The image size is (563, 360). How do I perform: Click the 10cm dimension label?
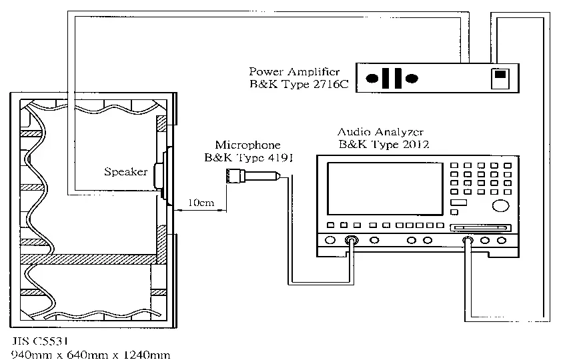pos(201,203)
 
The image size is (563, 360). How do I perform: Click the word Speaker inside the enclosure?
pos(125,171)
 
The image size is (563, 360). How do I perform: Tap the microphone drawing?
pos(253,176)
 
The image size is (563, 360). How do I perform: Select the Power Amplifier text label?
pos(294,72)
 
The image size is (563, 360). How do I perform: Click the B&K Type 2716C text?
pos(299,85)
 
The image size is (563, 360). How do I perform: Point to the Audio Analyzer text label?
pos(380,132)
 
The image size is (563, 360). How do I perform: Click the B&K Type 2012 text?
pos(384,144)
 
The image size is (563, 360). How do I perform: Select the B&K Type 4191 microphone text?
pos(248,157)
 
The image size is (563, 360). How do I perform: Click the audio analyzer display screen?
pos(385,189)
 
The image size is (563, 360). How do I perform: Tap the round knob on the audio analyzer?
pos(500,205)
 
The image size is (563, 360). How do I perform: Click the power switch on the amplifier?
pos(500,78)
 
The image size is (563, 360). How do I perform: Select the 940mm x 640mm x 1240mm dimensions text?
pos(91,355)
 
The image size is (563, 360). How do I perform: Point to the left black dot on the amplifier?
pos(372,78)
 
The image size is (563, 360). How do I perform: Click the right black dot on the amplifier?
pos(412,78)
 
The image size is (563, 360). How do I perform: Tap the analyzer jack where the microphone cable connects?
pos(351,240)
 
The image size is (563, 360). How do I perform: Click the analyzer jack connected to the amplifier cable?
pos(468,240)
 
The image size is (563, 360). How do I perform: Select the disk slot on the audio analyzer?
pos(480,227)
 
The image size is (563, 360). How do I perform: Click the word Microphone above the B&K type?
pos(247,145)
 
